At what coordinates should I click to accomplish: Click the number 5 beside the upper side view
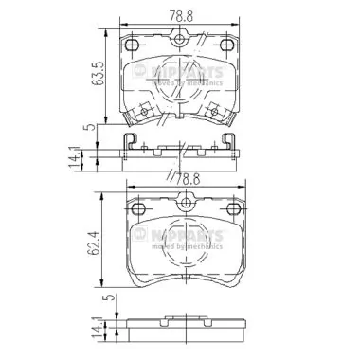[x=86, y=127]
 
